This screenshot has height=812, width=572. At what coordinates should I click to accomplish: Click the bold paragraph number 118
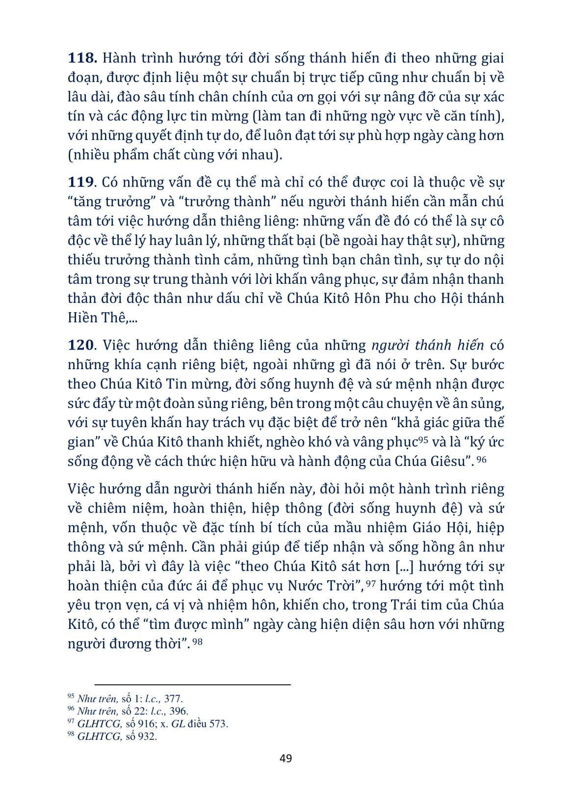pos(82,58)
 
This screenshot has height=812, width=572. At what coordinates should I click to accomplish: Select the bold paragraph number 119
pos(81,182)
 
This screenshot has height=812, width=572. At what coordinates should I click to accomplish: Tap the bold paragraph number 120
pos(81,345)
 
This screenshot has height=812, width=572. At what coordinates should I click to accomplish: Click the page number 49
pos(286,758)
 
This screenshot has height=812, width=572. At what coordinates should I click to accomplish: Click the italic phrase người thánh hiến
pos(427,345)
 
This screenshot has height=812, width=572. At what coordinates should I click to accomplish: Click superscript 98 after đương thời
pos(197,641)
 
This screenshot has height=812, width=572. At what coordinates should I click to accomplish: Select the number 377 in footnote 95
pos(173,699)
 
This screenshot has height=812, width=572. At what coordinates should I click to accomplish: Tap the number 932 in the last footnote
pos(147,736)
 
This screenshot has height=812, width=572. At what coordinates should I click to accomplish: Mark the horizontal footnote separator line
pos(192,684)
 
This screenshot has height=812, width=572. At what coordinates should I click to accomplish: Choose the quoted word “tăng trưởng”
pos(111,202)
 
